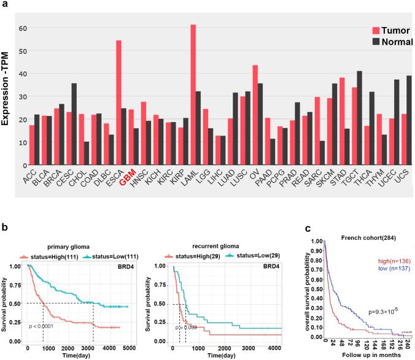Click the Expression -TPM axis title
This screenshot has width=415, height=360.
(x=7, y=92)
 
